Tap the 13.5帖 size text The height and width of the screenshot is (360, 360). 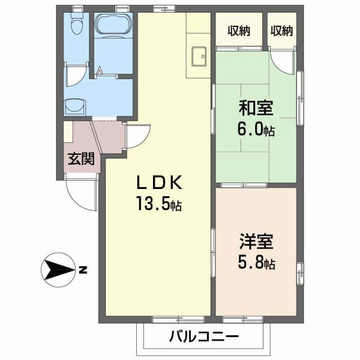coord(158,204)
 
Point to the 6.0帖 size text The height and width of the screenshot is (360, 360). coord(256,129)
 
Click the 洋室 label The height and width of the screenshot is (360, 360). coord(256,243)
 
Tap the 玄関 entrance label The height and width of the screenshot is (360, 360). coord(80,159)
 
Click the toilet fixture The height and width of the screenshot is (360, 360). coord(76,26)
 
